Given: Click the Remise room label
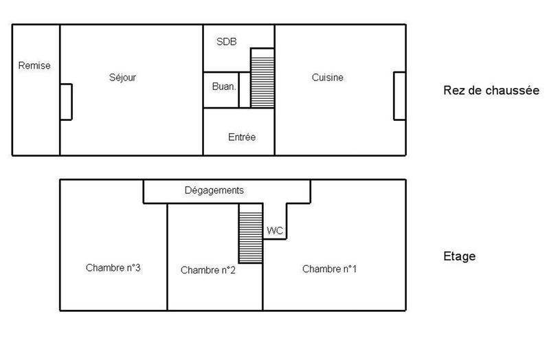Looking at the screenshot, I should click(34, 66).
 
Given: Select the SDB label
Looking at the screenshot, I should click(226, 42).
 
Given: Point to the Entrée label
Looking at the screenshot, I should click(241, 137).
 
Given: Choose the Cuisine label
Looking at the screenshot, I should click(327, 78).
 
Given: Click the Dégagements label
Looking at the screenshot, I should click(214, 190).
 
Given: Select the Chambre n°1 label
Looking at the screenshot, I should click(329, 269).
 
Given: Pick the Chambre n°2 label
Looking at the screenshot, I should click(208, 270).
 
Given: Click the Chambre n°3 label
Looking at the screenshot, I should click(113, 268).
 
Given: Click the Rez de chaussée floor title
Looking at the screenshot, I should click(491, 91).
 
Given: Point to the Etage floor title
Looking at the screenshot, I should click(460, 257).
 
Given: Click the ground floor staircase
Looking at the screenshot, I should click(262, 78).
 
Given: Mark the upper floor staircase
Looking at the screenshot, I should click(251, 233).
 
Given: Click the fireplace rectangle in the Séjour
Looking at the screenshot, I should click(66, 102).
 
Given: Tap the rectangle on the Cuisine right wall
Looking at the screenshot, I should click(399, 95).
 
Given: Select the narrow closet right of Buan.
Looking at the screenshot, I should click(244, 90).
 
